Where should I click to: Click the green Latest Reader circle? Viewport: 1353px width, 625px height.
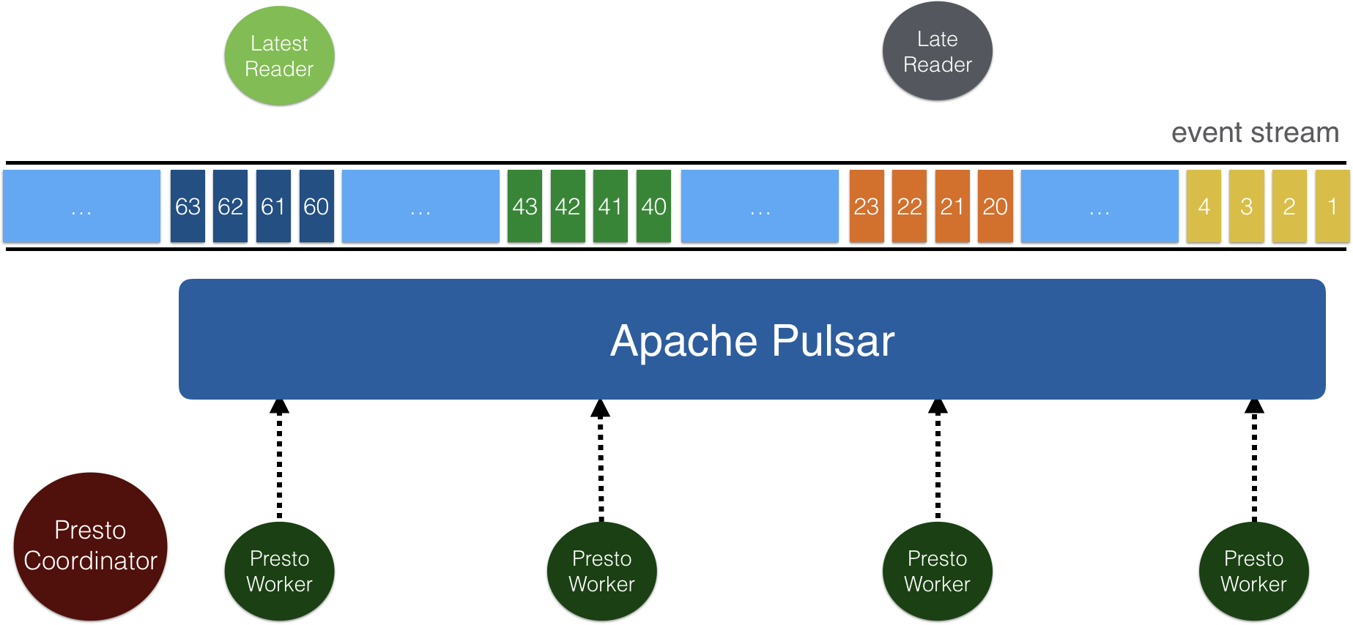point(279,56)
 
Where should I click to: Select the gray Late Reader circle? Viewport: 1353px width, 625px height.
point(937,51)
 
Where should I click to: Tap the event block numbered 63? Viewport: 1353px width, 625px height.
point(188,206)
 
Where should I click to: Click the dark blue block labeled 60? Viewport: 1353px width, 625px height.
point(316,206)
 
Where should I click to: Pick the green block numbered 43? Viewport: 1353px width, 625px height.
point(524,206)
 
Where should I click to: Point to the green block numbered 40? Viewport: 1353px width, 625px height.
point(653,206)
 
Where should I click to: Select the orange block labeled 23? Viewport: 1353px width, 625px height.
point(867,206)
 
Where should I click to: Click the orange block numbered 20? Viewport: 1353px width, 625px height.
point(995,206)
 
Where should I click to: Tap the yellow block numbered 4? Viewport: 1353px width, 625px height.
point(1204,206)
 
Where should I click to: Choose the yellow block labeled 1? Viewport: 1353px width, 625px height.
point(1332,206)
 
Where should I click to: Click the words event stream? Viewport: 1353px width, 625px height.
point(1254,133)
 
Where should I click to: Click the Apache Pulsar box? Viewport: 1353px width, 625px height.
point(752,340)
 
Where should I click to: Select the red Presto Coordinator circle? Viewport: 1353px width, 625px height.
point(90,546)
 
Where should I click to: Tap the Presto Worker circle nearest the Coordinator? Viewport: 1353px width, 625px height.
point(279,571)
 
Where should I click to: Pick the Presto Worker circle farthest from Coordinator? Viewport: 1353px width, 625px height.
point(1253,571)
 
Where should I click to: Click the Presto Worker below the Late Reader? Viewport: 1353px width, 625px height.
point(937,571)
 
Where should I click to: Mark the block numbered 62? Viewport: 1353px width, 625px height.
point(230,206)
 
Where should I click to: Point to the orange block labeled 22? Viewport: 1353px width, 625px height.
point(909,206)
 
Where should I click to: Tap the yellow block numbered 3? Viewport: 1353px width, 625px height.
point(1246,206)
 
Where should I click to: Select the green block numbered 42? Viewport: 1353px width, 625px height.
point(568,206)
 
